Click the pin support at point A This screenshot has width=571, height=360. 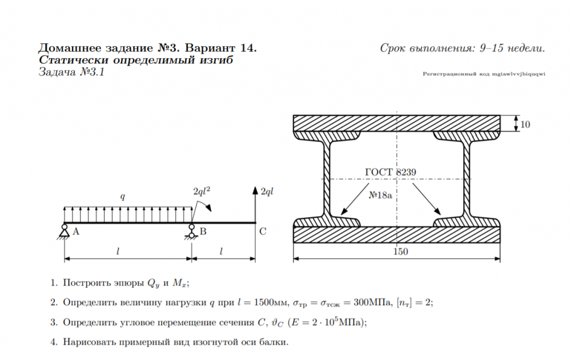click(x=65, y=232)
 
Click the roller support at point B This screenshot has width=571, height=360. click(x=191, y=232)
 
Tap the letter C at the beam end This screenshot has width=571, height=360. click(x=263, y=231)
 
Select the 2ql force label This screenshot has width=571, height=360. click(x=267, y=191)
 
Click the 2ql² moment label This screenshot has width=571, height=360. click(x=202, y=191)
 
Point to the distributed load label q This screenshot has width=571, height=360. click(x=123, y=197)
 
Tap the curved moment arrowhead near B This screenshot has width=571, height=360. click(x=208, y=207)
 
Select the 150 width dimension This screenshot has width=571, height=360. click(x=400, y=251)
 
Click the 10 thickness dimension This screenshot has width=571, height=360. click(x=525, y=125)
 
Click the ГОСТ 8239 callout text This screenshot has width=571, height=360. click(x=391, y=172)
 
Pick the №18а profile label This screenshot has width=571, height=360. click(x=380, y=195)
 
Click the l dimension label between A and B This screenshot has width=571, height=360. click(x=118, y=251)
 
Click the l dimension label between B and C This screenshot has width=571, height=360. click(x=220, y=251)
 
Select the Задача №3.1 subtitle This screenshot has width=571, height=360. click(x=72, y=72)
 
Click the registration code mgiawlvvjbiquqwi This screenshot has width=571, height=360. click(x=518, y=74)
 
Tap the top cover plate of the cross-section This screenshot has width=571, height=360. click(x=397, y=123)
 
